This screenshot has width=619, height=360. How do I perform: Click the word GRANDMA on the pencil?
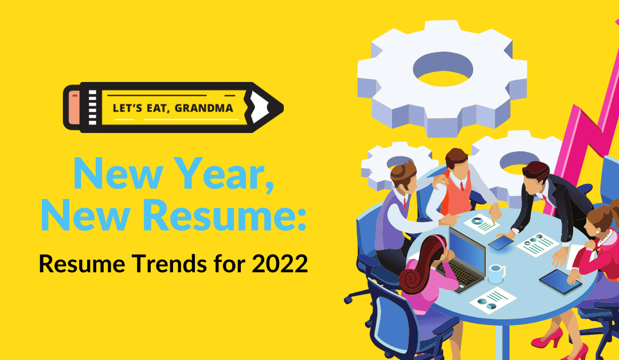point(203,108)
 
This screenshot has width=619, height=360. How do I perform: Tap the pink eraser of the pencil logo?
point(74,107)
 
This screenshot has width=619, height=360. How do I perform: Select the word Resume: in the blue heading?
point(224,216)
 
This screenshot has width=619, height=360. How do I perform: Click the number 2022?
point(280,264)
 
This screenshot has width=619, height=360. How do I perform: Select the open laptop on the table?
point(463,260)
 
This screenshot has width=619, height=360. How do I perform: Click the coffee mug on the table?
point(496,273)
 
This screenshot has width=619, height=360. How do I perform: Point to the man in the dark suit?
point(549,205)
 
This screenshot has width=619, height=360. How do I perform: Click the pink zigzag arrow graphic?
point(584,130)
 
